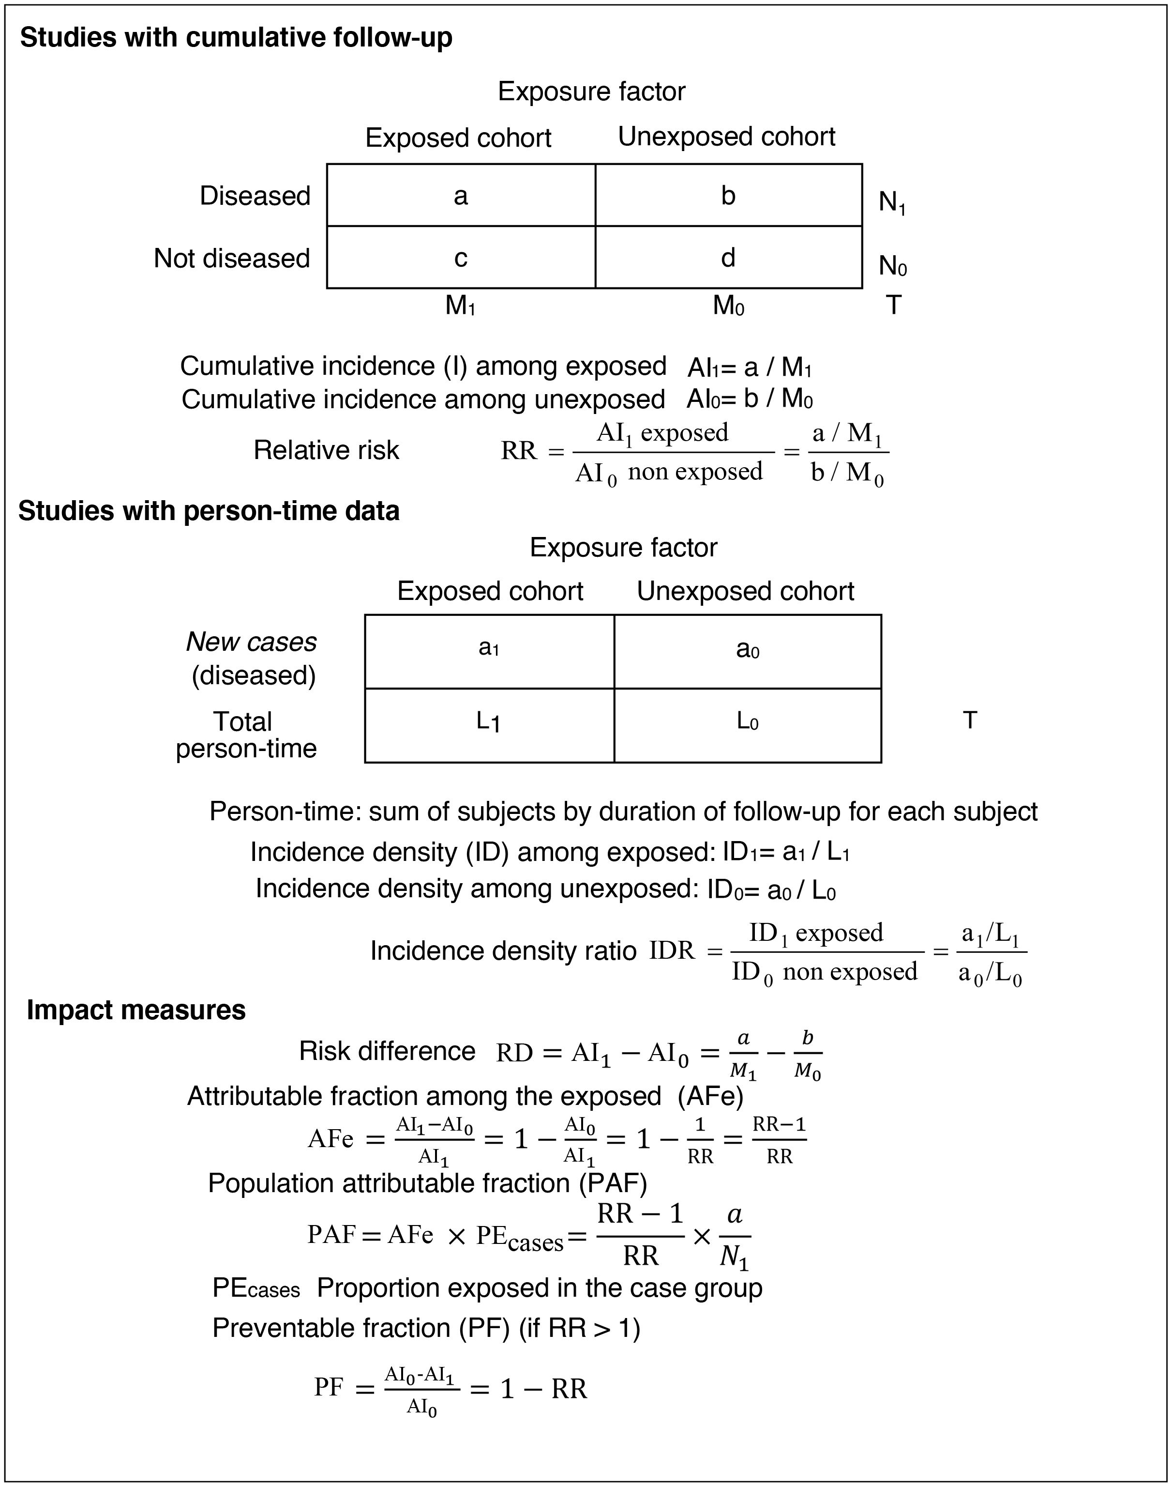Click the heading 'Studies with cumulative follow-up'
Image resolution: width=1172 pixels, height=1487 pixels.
pos(236,38)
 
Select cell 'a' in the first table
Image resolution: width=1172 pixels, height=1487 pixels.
pos(461,196)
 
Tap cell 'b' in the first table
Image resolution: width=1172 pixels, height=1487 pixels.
pos(728,196)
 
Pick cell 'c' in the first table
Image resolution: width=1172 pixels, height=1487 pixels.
pos(461,258)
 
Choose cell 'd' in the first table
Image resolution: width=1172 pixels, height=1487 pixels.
pos(728,258)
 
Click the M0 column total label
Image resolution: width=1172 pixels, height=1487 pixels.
pos(728,306)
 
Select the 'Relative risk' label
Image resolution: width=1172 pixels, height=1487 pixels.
pos(326,450)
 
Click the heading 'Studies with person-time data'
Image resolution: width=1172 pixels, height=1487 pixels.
pos(209,511)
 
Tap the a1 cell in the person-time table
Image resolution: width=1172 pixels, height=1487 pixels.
pos(489,647)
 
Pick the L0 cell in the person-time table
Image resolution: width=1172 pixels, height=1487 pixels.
pos(747,721)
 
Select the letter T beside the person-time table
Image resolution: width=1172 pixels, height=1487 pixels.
pos(970,720)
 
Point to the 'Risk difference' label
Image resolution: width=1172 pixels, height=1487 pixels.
pos(387,1051)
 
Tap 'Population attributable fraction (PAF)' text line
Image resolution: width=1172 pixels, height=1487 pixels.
pos(427,1183)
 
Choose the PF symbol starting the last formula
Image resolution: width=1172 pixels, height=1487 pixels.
pos(329,1387)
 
